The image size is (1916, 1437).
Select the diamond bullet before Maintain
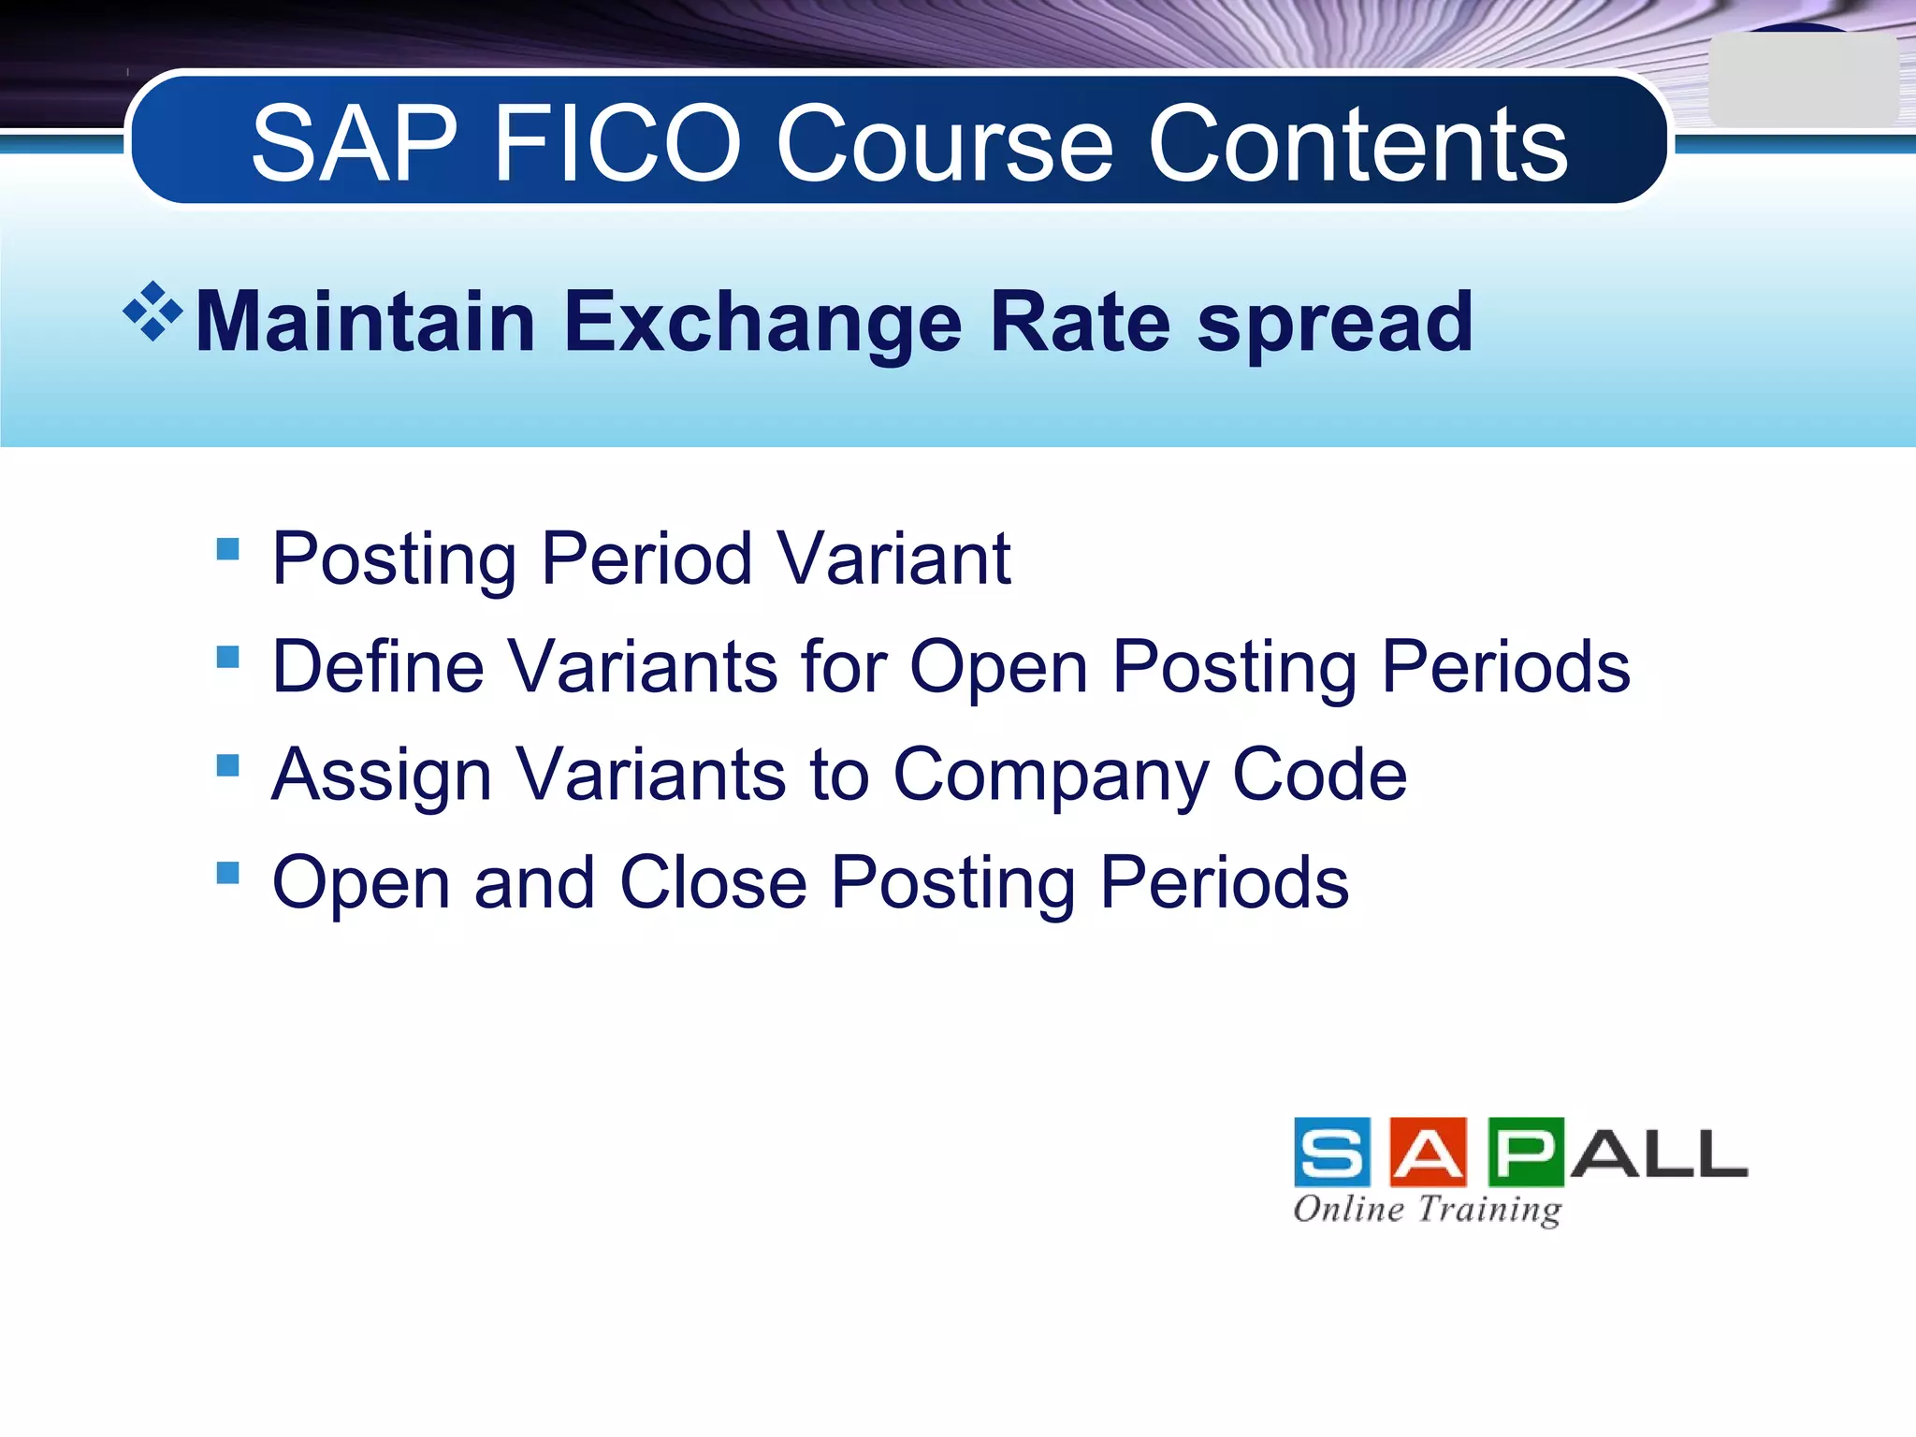click(152, 312)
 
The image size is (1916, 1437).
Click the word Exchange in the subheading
click(762, 323)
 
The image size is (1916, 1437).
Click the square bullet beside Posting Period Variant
click(227, 548)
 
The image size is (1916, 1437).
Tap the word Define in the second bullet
click(378, 667)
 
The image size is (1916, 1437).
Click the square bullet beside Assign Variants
click(227, 765)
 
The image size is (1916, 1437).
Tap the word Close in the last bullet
click(713, 883)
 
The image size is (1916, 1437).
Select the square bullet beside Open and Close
click(227, 873)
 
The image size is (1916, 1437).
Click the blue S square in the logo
click(1332, 1152)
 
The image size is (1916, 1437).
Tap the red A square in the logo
click(1429, 1152)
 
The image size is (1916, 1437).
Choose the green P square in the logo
click(1526, 1152)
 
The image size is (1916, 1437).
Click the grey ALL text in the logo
click(1658, 1154)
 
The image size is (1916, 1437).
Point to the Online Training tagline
click(1428, 1209)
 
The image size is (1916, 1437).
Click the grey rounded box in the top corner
click(1802, 80)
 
